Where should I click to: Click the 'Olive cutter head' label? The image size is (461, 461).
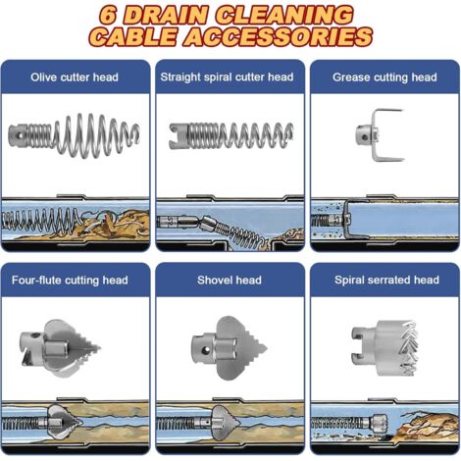(x=75, y=77)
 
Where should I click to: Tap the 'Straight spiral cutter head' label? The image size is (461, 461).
(x=227, y=77)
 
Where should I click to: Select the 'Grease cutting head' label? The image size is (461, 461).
(x=384, y=77)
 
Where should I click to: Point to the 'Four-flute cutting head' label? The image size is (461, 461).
(x=70, y=281)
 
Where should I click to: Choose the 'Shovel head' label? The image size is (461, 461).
(x=230, y=281)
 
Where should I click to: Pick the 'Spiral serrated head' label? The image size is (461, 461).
(x=386, y=281)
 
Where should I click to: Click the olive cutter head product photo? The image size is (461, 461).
(x=74, y=134)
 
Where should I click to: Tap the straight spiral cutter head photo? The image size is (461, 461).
(x=230, y=135)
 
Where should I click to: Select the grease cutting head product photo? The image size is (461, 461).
(x=381, y=135)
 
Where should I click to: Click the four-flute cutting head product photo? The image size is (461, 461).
(x=60, y=348)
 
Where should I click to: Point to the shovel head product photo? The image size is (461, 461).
(x=229, y=348)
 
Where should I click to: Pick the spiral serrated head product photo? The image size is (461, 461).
(x=385, y=348)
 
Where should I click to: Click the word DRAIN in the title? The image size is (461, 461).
(x=166, y=16)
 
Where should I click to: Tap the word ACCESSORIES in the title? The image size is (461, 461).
(x=279, y=36)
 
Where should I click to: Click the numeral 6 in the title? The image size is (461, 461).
(x=108, y=16)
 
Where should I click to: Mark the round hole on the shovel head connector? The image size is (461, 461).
(x=206, y=350)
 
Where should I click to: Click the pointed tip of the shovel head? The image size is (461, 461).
(x=266, y=348)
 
